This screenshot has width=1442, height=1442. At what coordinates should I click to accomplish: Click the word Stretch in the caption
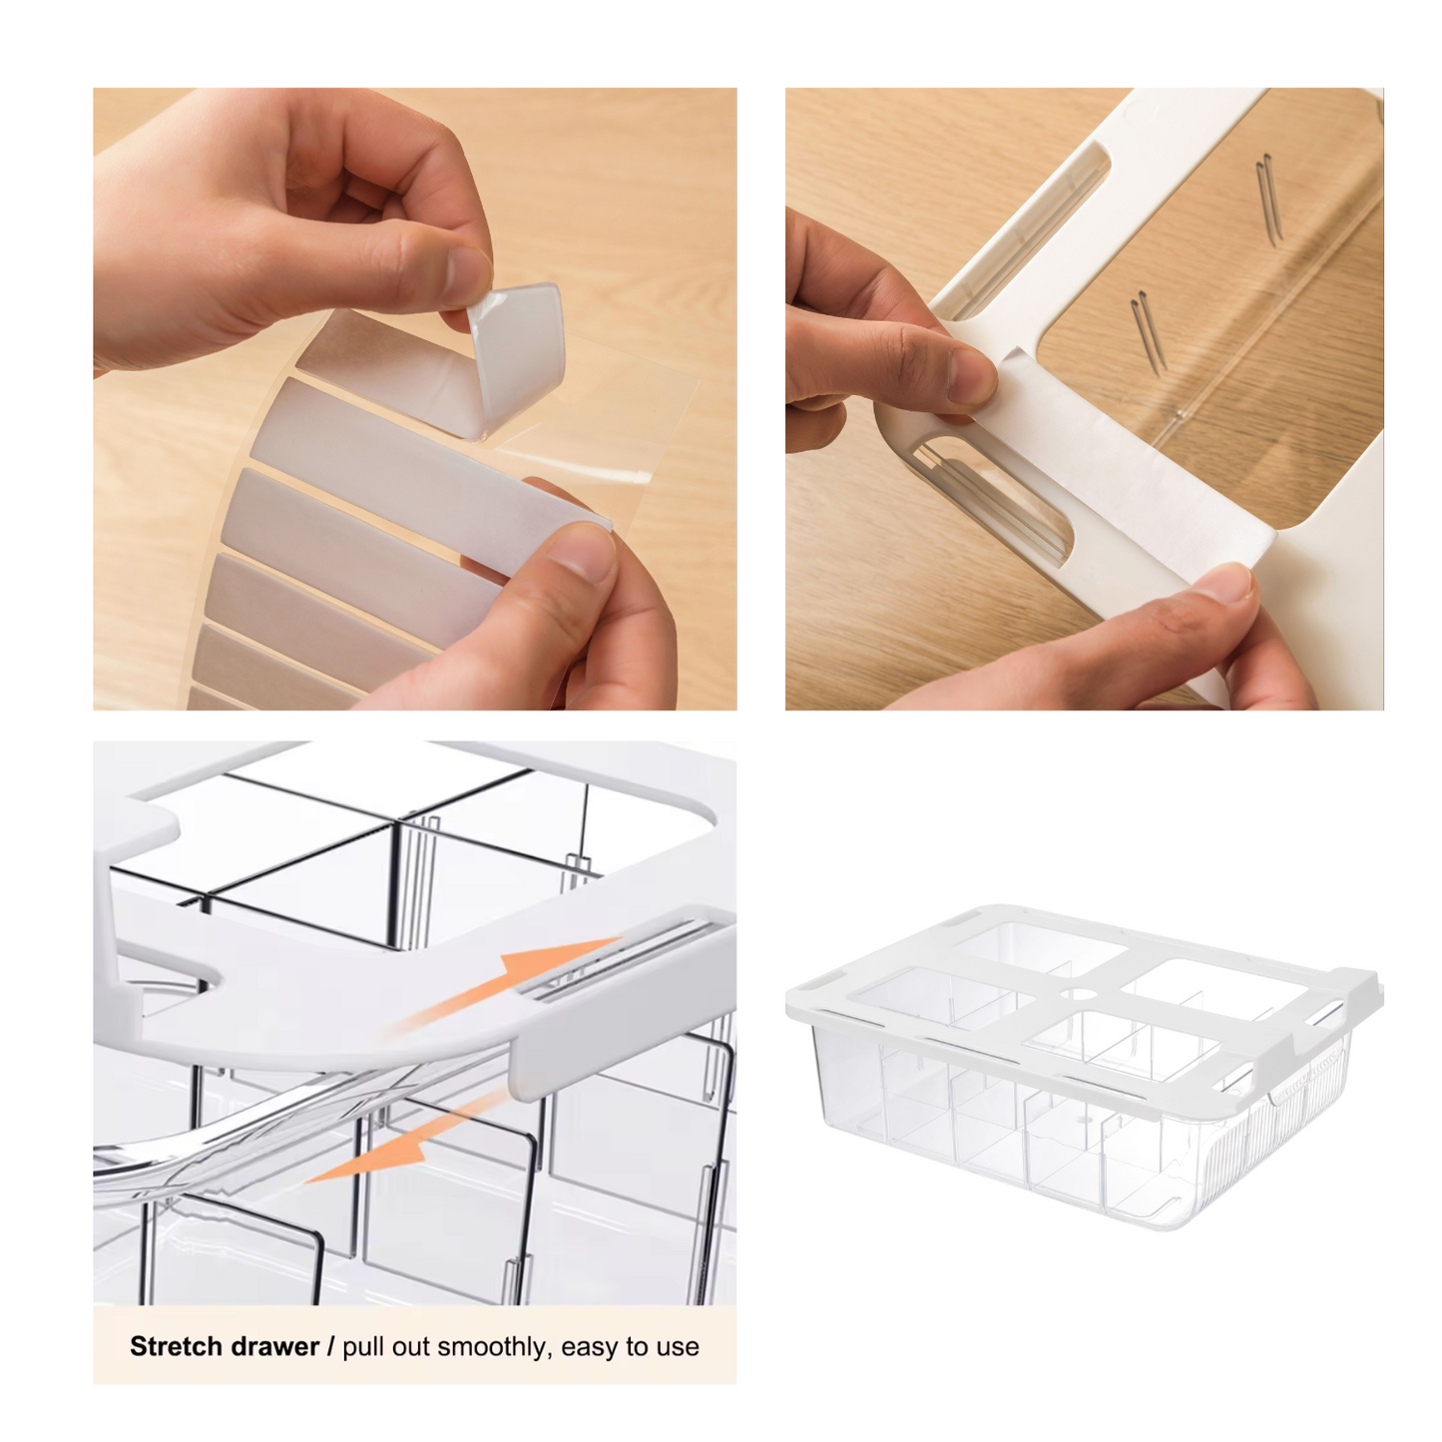coord(178,1346)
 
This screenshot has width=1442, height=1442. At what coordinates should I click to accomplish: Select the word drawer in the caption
coord(276,1346)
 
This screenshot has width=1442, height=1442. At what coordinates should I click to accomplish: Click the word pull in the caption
coord(360,1348)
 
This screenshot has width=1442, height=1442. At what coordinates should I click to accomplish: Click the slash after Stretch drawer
coord(330,1346)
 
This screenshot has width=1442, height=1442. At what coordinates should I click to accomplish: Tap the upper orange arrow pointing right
coord(510,984)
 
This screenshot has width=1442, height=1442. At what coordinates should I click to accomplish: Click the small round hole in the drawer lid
coord(1078,995)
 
